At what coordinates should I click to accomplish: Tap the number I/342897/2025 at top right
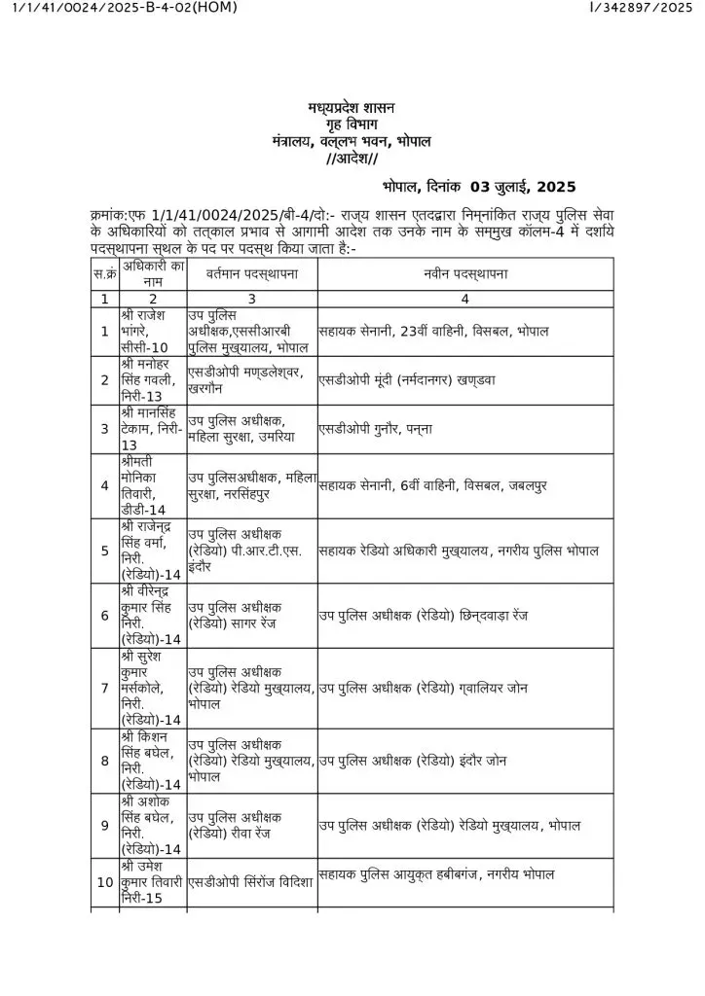[641, 9]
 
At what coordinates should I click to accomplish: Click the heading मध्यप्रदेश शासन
[352, 107]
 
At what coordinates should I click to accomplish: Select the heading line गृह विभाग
[352, 124]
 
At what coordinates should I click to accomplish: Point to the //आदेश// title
[352, 159]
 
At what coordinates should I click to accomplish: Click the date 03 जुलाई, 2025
[523, 187]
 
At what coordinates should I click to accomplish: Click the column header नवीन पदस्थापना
[464, 274]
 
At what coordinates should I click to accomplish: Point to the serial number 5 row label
[104, 551]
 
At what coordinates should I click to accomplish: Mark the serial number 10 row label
[104, 882]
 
